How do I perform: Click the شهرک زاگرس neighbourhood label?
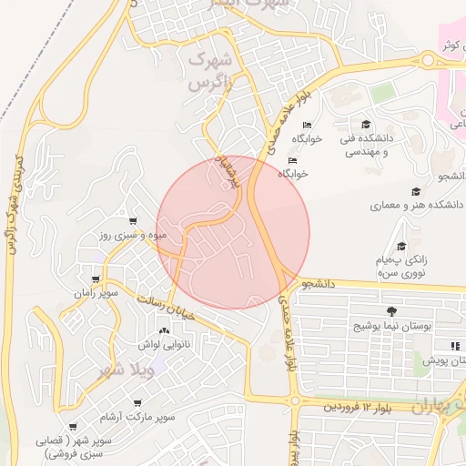[x=210, y=71]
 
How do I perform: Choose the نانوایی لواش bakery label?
[x=164, y=345]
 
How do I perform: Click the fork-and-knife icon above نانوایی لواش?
[x=164, y=331]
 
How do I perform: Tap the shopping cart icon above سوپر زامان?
[x=96, y=280]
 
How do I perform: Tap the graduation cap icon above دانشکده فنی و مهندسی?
[x=366, y=125]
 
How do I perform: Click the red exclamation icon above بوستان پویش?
[x=455, y=346]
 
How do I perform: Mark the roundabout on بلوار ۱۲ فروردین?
[x=295, y=401]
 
